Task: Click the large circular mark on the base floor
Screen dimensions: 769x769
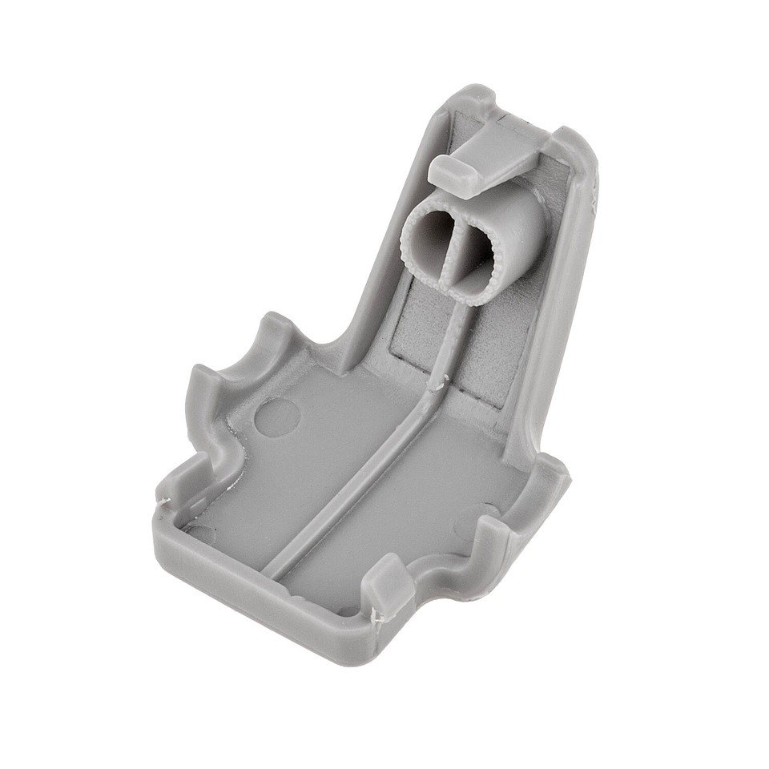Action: [277, 417]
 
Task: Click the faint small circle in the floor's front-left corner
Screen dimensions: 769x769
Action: [200, 533]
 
